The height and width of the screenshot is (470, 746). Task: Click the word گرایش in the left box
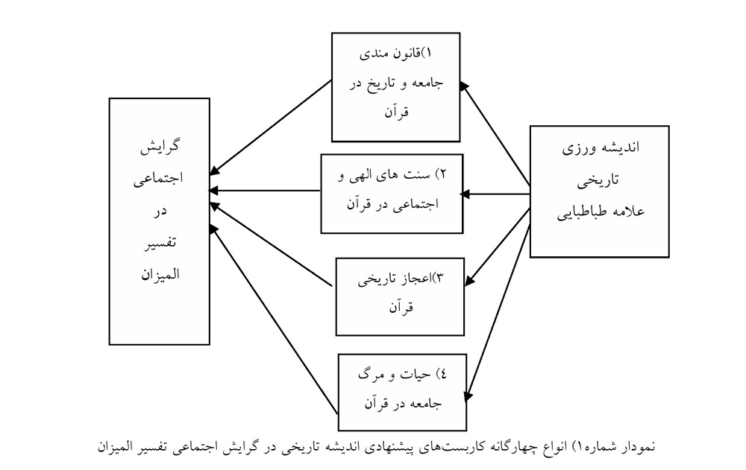point(160,147)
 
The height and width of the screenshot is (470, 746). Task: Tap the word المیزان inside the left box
point(160,274)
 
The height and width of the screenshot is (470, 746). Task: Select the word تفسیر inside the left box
point(160,243)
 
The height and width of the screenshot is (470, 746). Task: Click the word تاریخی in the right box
point(599,180)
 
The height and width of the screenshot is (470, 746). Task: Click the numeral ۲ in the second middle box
point(442,174)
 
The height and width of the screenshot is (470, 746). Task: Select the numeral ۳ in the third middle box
point(439,278)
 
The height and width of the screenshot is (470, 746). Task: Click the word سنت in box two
point(417,175)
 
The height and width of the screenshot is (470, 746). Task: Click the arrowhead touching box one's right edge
point(464,86)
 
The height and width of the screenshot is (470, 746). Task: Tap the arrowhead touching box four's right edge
point(468,396)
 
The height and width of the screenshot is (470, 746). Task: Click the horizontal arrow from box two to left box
point(265,191)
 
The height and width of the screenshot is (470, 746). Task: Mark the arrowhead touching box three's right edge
point(469,281)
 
